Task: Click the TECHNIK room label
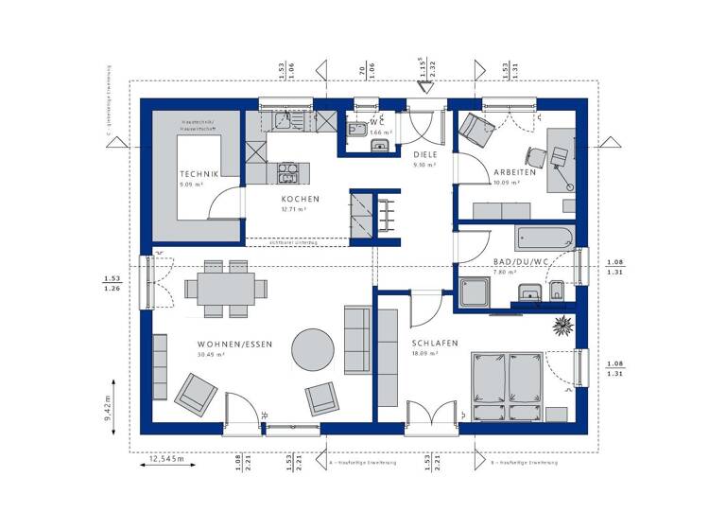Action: click(199, 174)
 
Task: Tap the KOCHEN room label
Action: click(300, 199)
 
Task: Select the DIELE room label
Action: click(424, 153)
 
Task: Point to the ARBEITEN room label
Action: click(515, 172)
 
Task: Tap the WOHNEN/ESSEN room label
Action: click(234, 344)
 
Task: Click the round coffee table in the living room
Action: click(312, 350)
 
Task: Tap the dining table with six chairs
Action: click(226, 286)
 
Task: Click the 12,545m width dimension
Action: click(167, 461)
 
